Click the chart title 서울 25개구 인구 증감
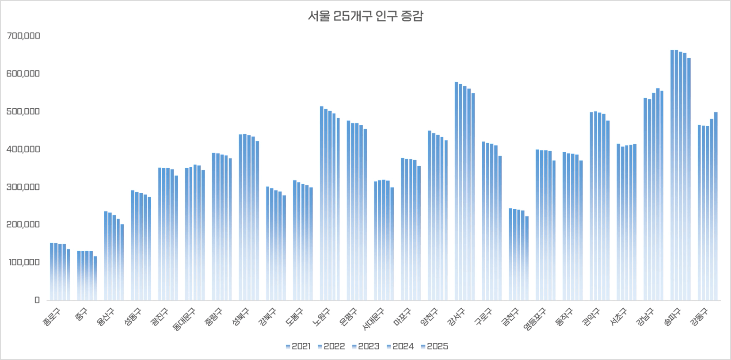coord(365,16)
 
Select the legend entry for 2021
coord(298,346)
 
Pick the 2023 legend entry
coord(365,346)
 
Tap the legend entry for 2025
coord(434,346)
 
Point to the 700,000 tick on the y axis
coord(23,36)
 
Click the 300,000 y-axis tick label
coord(23,187)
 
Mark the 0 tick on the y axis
coord(37,300)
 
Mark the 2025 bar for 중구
coord(95,278)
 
